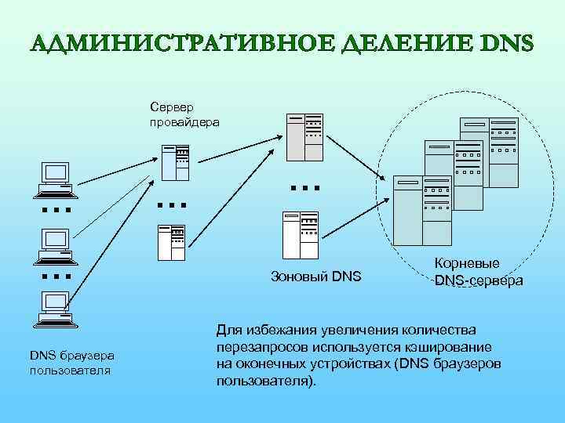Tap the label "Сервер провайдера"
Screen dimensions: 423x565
185,115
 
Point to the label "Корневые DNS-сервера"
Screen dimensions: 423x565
479,273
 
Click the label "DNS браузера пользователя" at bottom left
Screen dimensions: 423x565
72,362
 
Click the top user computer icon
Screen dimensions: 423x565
56,179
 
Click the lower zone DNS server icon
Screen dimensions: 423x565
300,233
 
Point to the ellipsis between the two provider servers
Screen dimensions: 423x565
171,205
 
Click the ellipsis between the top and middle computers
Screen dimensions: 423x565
56,211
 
